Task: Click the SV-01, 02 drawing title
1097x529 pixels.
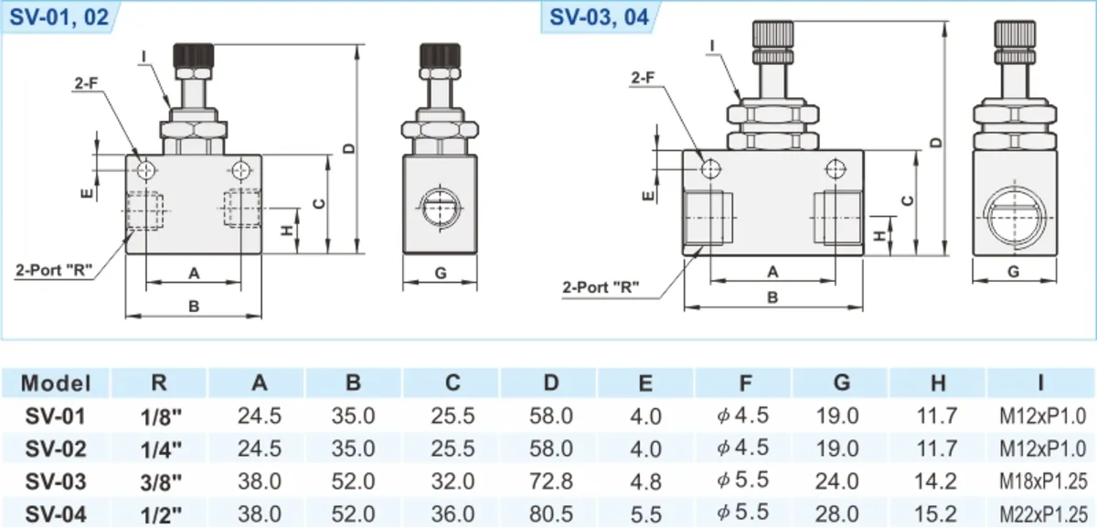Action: pos(59,17)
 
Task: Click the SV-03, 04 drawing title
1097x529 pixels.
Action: pos(599,17)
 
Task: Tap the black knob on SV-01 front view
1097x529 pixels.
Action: pos(194,56)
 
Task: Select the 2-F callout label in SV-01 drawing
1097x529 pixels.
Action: pos(86,83)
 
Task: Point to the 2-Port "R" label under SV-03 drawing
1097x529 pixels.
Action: pos(601,286)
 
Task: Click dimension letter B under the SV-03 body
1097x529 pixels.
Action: pos(772,297)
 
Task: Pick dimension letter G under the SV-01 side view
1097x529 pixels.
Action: pos(441,273)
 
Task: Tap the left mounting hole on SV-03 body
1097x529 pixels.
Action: pos(710,169)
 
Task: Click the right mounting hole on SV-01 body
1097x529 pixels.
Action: pos(241,170)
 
